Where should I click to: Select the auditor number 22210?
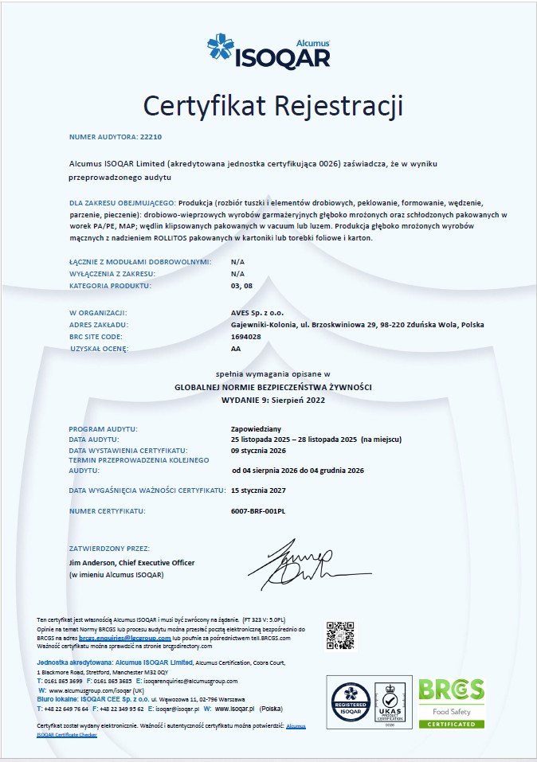(150, 137)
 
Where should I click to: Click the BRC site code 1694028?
(245, 337)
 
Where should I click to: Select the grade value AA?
(236, 349)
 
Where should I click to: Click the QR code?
(340, 635)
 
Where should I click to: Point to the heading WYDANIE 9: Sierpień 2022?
(268, 398)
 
